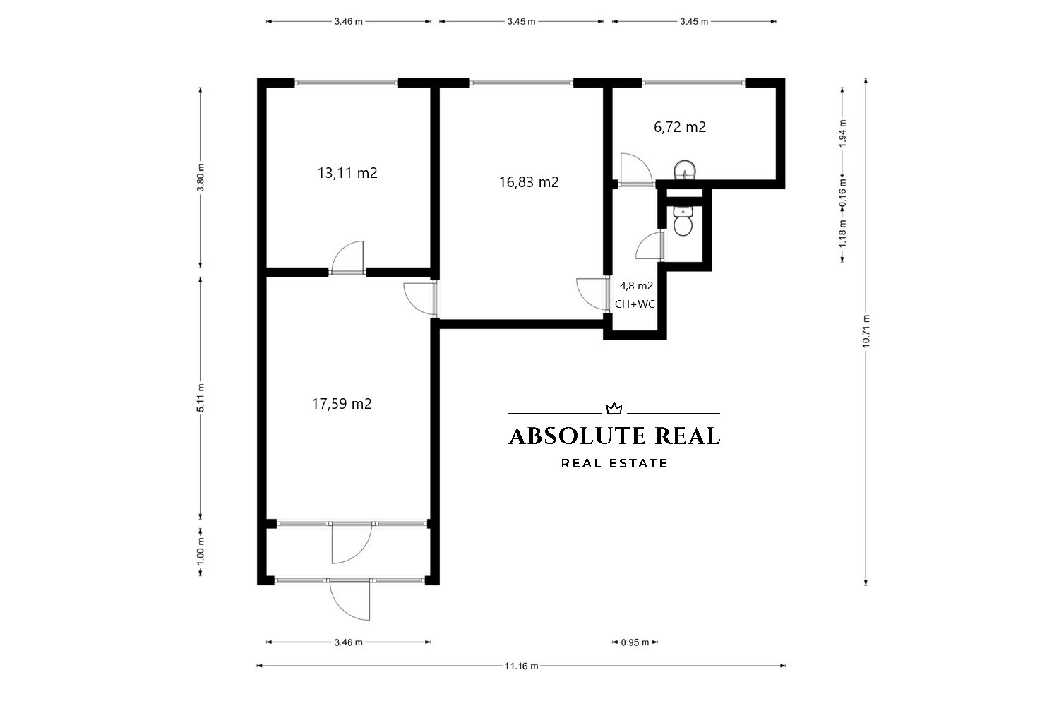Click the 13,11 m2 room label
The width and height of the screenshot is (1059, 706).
347,173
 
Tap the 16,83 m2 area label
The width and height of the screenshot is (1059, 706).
529,182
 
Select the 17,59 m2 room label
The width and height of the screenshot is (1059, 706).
342,404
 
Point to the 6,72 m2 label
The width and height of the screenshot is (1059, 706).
680,127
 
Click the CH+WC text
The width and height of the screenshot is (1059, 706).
635,304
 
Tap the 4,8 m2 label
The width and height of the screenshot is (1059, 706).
636,286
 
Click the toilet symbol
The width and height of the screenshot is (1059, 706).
683,221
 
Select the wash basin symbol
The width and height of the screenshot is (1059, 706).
685,170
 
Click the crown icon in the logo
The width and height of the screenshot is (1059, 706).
614,408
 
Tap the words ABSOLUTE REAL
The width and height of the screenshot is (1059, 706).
614,436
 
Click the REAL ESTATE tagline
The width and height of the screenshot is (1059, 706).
614,463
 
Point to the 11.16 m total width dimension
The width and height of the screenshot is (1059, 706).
521,666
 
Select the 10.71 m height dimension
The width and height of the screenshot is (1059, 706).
866,331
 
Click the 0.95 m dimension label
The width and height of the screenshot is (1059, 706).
635,642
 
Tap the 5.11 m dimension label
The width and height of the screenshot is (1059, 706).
201,397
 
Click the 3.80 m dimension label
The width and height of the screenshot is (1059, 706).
201,177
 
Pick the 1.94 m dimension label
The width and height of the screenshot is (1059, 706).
842,133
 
